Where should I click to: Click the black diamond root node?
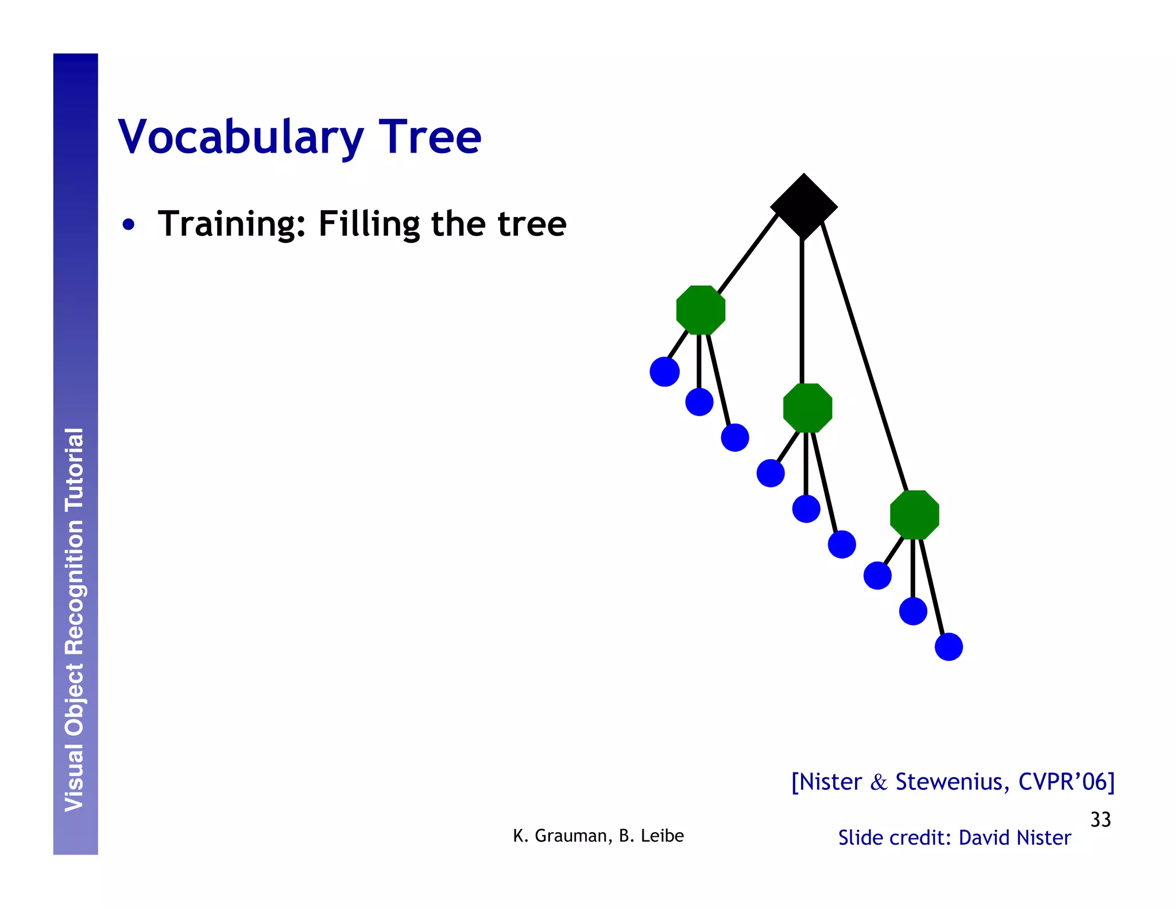(803, 206)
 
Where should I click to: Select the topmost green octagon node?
(701, 310)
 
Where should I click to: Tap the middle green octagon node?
(807, 408)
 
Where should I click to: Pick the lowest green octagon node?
(914, 515)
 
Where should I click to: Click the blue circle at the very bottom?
(949, 647)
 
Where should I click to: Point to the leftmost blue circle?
(664, 372)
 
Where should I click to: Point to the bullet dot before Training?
(129, 224)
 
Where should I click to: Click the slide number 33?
(1100, 820)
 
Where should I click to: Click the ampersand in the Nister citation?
(879, 782)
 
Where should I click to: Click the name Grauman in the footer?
(568, 836)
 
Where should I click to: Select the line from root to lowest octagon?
(864, 356)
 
